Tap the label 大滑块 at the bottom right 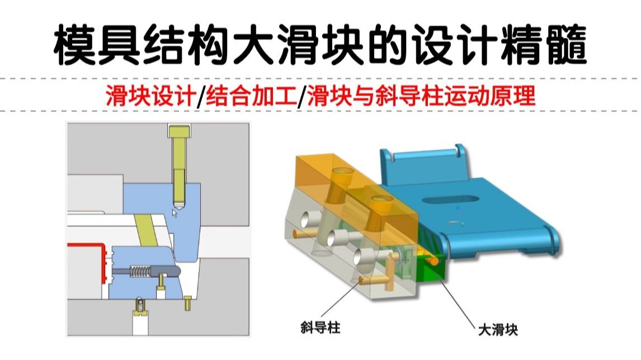[498, 329]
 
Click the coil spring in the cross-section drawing [141, 272]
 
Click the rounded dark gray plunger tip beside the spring [170, 269]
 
